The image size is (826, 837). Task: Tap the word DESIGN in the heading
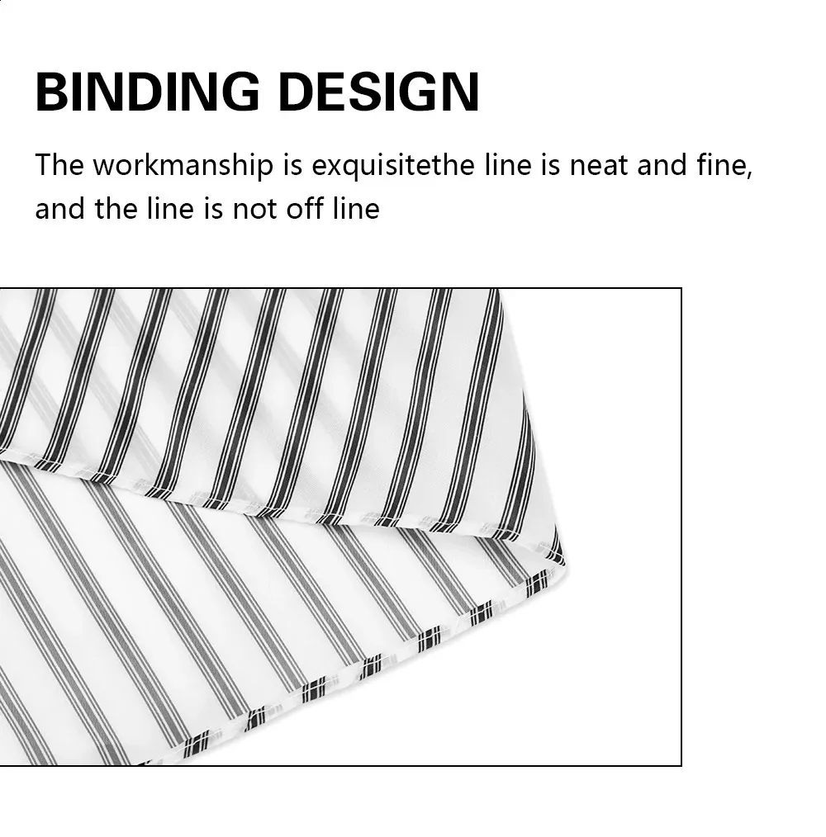379,92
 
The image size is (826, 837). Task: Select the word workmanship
183,165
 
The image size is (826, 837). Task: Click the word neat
598,165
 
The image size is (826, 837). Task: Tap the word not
254,209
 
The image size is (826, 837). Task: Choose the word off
305,208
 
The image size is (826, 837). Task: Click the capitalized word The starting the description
59,164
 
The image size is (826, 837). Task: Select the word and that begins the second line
59,208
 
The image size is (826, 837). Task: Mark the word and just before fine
662,164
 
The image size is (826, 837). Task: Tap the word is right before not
213,208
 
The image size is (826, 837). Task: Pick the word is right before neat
550,164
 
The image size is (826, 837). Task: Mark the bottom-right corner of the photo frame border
681,765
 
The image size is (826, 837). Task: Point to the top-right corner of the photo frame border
681,289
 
